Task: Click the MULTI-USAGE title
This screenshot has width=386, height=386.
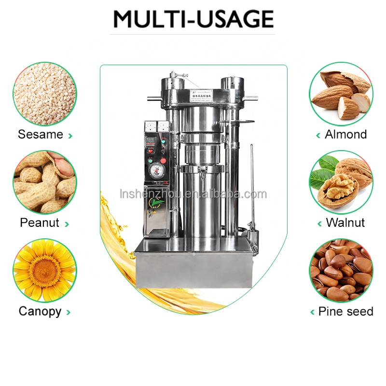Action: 193,19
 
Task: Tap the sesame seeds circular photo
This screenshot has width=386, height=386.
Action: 44,94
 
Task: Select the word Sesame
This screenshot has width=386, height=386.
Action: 41,134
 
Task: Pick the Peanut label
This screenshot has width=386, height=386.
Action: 40,223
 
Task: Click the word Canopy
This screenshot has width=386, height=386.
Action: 41,311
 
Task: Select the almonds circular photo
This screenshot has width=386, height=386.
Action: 341,94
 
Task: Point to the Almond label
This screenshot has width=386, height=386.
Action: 345,134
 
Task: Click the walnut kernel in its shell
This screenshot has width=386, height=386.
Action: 338,188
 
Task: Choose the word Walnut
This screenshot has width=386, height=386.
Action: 345,223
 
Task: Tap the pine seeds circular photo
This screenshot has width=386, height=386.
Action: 341,270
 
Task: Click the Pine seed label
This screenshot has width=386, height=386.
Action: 345,311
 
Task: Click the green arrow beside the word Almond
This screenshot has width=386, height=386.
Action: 318,136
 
